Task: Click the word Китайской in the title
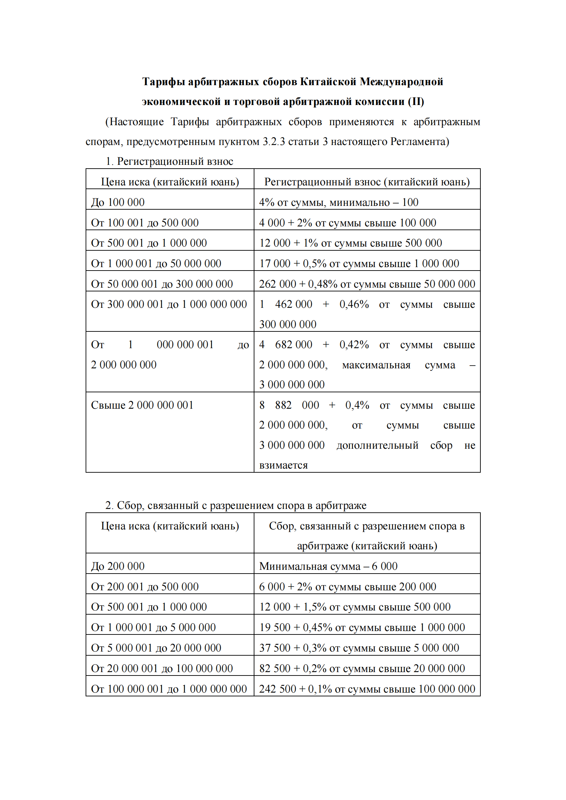coord(328,81)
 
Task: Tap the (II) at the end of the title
coord(416,101)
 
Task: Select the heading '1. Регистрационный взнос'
coord(169,161)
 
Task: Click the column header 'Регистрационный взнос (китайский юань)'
coord(367,182)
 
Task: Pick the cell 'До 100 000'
coord(118,202)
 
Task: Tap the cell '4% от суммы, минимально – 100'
coord(339,202)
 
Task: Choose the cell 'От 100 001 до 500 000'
coord(145,223)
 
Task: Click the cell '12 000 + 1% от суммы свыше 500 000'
coord(351,243)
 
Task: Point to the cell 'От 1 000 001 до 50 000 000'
coord(156,263)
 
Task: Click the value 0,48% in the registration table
coord(323,284)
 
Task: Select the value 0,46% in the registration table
coord(354,304)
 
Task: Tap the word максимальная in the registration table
coord(376,365)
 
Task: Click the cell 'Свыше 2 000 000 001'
coord(142,405)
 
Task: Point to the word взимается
coord(283,465)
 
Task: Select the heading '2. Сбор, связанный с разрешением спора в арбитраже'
coord(236,505)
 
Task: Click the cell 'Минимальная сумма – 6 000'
coord(328,566)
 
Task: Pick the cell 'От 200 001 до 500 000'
coord(145,587)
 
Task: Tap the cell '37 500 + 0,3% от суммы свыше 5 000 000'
coord(359,648)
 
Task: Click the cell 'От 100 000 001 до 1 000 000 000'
coord(169,689)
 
